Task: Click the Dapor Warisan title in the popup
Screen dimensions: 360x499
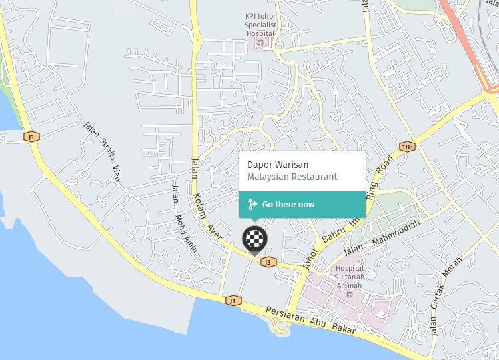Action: click(x=278, y=164)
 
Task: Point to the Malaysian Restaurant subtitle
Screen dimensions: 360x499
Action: click(x=292, y=177)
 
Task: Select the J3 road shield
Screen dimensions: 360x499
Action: click(x=268, y=262)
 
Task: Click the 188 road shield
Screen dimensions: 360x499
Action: click(x=407, y=146)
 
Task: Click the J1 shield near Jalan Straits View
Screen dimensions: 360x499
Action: click(x=31, y=137)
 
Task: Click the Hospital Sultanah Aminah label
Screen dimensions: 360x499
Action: click(x=344, y=277)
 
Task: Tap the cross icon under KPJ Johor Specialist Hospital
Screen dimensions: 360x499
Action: click(x=260, y=43)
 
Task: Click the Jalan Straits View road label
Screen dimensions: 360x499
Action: click(x=102, y=151)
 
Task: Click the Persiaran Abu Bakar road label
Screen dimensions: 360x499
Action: click(x=311, y=320)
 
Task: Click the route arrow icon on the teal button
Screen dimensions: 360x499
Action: click(x=252, y=205)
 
